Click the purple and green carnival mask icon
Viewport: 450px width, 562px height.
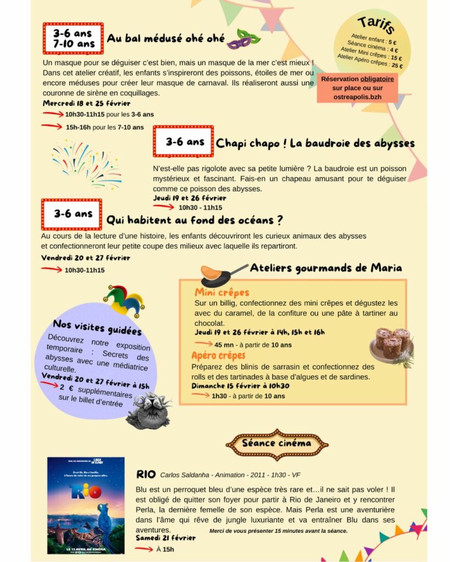243,40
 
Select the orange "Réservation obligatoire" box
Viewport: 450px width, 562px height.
357,88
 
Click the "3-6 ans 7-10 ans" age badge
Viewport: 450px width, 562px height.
73,38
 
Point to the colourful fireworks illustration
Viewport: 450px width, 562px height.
86,163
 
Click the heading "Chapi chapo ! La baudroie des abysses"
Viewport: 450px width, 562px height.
315,144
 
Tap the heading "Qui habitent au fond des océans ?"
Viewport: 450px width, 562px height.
195,221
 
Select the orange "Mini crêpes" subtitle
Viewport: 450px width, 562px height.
221,293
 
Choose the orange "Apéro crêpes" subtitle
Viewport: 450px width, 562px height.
218,356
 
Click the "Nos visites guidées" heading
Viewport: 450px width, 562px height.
97,327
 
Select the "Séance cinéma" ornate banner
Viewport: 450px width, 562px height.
277,443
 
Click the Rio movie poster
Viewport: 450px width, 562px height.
86,505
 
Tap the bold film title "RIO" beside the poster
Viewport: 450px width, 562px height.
146,474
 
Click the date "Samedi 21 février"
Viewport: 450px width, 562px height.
165,538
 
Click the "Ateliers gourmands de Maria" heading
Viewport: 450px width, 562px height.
326,268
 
